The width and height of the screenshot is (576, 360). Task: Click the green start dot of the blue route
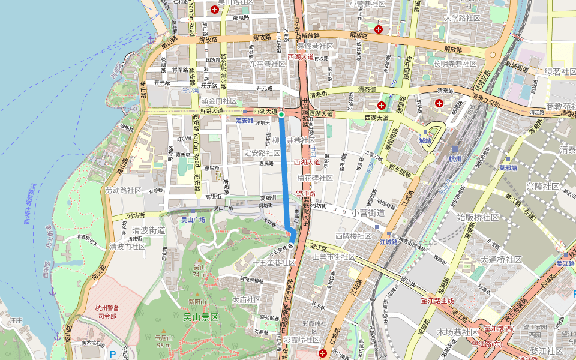pos(281,114)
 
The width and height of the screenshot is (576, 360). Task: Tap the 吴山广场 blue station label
pos(193,220)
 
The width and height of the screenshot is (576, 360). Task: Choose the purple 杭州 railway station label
pos(455,159)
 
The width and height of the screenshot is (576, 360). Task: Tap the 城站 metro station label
pos(425,140)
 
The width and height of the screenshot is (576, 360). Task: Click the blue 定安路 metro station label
pos(245,120)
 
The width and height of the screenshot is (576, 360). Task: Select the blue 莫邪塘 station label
pos(508,167)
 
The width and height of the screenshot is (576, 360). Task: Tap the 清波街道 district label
pos(148,230)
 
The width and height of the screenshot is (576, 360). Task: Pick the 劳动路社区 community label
pos(122,190)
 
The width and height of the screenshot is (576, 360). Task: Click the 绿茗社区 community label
pos(560,72)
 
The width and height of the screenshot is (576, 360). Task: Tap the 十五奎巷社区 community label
pos(274,263)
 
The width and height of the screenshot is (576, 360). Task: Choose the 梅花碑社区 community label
pos(315,178)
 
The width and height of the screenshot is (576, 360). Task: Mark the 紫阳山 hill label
pos(196,302)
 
